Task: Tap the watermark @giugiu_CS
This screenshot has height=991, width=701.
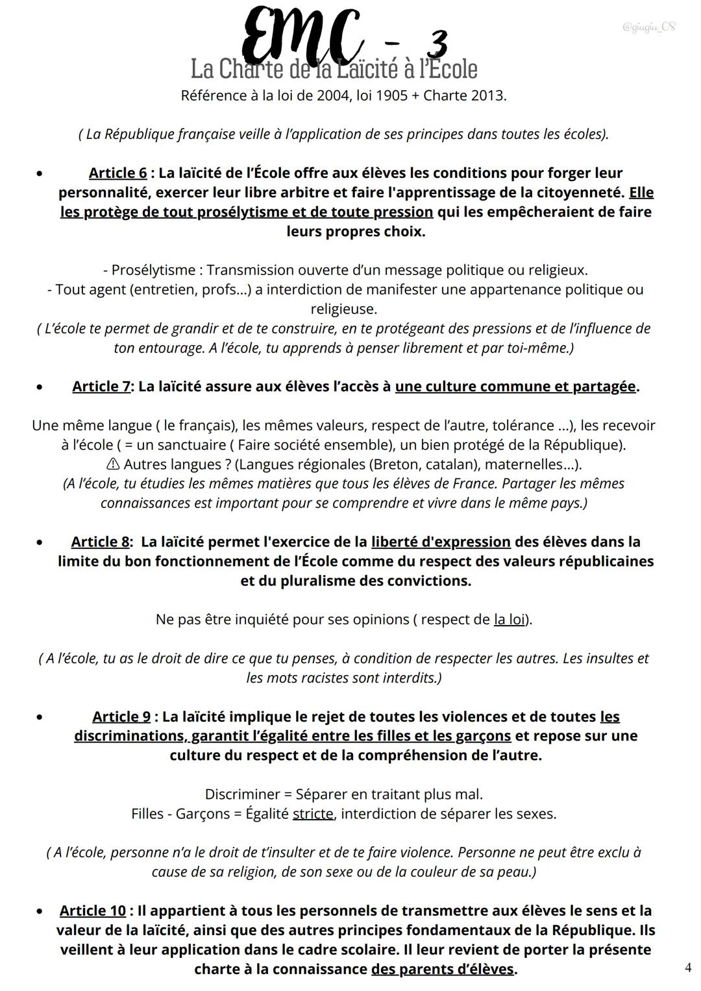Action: (648, 27)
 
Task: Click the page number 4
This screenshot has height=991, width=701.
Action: (687, 968)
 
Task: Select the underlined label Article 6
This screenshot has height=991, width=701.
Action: (117, 173)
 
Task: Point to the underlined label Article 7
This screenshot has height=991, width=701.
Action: (101, 387)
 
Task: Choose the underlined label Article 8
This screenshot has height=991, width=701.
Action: (100, 542)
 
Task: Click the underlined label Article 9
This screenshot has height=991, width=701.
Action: (121, 717)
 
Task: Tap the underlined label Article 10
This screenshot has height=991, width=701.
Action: (93, 911)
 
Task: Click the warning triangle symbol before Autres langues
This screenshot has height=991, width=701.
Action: (112, 465)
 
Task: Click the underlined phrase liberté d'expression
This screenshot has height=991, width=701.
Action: (441, 542)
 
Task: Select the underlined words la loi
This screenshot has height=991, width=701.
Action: (510, 620)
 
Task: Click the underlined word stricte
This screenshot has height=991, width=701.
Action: (313, 814)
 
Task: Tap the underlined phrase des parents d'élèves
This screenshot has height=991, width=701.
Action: (443, 970)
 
